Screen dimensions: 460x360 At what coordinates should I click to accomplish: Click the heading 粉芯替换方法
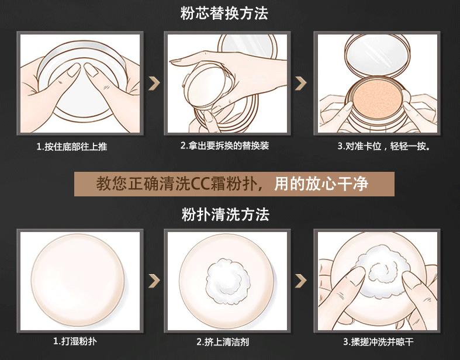(224, 13)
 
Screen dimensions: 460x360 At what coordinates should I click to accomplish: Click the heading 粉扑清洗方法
(225, 214)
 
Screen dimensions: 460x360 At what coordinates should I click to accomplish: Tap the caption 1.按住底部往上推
(72, 147)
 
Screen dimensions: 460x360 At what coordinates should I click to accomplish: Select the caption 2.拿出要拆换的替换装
(224, 146)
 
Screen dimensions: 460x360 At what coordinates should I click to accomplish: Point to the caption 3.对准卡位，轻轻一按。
(384, 146)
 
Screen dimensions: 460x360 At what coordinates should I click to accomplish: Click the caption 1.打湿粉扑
(75, 341)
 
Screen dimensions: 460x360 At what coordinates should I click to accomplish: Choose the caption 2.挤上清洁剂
(223, 342)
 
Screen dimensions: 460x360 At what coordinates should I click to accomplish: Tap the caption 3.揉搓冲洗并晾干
(378, 342)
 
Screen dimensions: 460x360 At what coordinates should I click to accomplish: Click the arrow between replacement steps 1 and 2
(154, 84)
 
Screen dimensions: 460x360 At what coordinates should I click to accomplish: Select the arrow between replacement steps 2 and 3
(300, 84)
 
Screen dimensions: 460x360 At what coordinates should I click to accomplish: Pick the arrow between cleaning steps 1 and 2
(154, 281)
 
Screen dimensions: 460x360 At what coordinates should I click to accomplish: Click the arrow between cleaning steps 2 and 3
(300, 281)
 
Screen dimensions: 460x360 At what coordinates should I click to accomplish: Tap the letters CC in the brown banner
(200, 184)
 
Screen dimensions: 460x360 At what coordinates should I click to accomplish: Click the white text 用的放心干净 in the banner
(321, 184)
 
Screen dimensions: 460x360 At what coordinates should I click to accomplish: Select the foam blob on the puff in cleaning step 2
(228, 276)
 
